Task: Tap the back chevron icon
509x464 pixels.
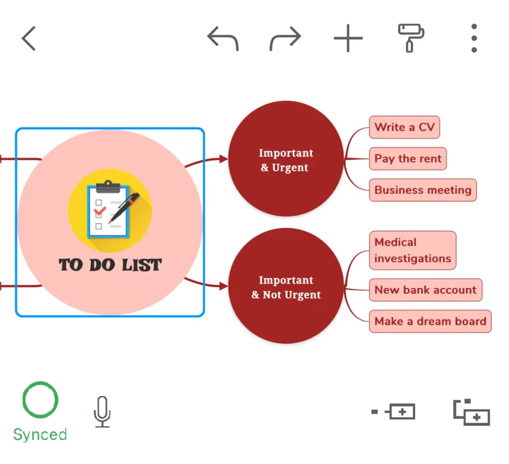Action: pos(29,38)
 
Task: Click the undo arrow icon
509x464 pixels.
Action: pos(223,38)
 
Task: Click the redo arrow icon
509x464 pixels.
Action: pos(285,38)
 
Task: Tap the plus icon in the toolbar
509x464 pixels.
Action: pos(348,38)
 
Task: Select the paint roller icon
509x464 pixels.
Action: pos(411,38)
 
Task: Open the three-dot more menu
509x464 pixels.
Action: pos(474,38)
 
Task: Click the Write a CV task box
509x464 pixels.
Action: pos(404,128)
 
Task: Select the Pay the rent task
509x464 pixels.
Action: pos(408,159)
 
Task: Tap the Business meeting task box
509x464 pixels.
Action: pos(423,190)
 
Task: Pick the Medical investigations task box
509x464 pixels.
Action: pos(413,250)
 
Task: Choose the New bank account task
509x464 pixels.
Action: pos(425,290)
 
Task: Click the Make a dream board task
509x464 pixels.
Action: pos(430,321)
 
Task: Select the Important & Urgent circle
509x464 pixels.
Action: pos(285,159)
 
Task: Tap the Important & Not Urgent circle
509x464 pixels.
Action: pos(285,287)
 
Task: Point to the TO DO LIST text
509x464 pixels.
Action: pos(110,265)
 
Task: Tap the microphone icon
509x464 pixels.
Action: pos(103,411)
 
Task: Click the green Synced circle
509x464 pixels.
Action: pos(40,400)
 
